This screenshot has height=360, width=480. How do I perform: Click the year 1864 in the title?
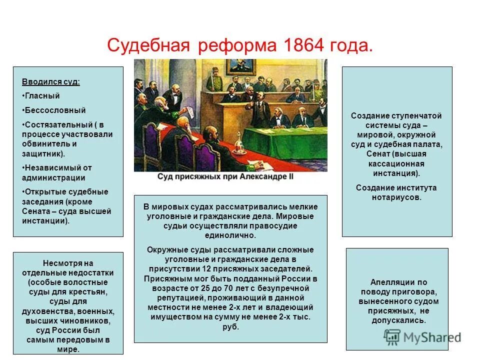300,46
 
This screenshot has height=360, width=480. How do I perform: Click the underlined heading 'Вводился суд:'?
50,81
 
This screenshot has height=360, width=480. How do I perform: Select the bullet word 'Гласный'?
42,95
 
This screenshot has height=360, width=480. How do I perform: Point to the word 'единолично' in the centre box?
230,235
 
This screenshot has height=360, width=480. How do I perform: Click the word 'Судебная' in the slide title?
148,46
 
